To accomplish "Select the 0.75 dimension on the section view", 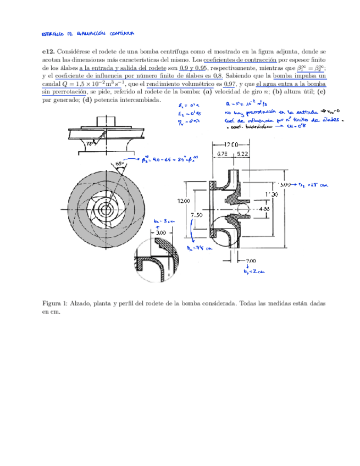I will click(x=221, y=154).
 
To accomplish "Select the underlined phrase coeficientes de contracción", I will click(x=237, y=59).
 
